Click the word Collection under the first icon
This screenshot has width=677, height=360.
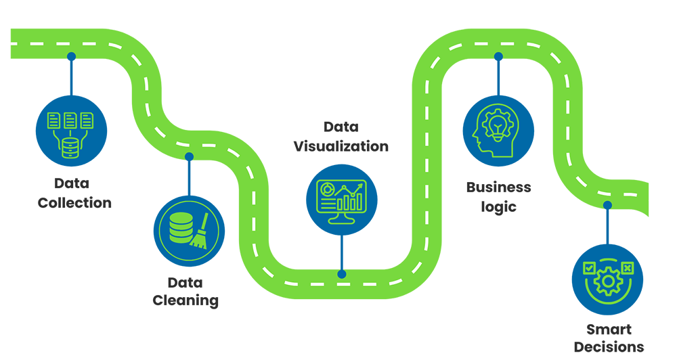74,202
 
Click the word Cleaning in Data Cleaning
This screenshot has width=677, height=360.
185,300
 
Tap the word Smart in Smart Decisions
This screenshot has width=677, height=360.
609,330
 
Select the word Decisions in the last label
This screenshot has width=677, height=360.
609,347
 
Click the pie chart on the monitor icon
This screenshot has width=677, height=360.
327,189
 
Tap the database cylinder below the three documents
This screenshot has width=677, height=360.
68,145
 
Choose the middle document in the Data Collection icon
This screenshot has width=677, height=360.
69,122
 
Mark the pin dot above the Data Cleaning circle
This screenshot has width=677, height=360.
189,158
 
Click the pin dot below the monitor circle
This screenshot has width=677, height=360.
341,273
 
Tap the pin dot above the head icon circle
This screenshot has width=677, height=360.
499,57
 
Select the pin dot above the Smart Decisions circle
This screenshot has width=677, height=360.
607,204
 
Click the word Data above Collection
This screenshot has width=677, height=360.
72,184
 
